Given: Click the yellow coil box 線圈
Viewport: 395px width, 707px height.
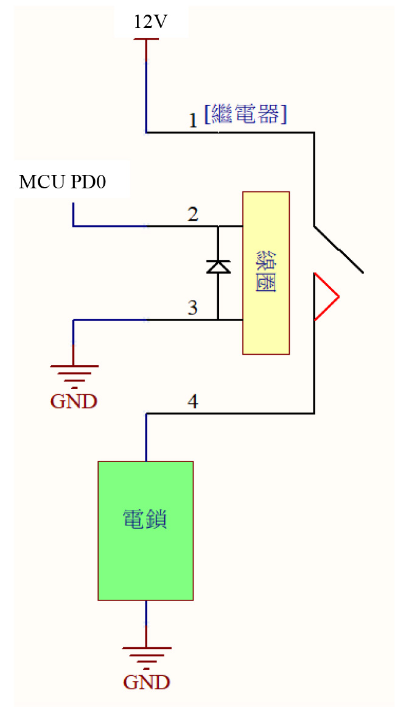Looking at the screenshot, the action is click(x=266, y=273).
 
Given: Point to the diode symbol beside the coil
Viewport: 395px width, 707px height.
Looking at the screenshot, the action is click(x=218, y=267).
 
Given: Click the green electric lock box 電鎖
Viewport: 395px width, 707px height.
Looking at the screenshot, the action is click(x=146, y=530).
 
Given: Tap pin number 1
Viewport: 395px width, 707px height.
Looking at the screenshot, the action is click(x=193, y=121).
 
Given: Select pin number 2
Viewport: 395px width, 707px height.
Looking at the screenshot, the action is click(x=193, y=215).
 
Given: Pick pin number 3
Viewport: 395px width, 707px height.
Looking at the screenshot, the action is click(x=193, y=308).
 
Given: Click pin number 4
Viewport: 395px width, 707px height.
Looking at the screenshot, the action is click(x=193, y=402).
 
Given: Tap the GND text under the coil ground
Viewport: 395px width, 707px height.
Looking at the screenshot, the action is click(x=74, y=401).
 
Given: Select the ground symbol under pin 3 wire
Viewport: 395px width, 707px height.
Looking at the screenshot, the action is click(x=74, y=377).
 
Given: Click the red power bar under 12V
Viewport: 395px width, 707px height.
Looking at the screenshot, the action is click(x=147, y=39).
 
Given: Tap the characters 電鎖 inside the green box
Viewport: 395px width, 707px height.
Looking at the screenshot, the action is click(x=145, y=519).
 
